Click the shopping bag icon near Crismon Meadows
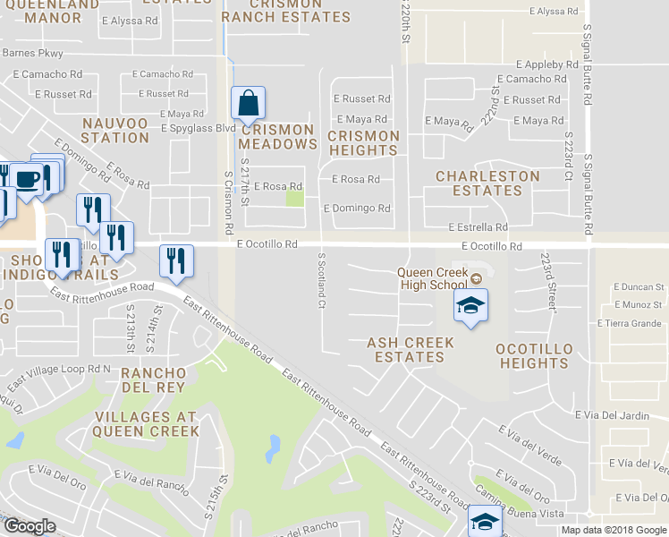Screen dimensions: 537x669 pos(249,104)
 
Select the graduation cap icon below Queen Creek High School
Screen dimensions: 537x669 pos(470,306)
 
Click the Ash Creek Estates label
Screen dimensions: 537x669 pos(411,350)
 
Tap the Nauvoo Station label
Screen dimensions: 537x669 pos(115,130)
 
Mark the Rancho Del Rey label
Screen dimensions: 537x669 pos(153,379)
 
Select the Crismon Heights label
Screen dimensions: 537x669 pos(363,143)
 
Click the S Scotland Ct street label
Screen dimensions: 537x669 pos(320,280)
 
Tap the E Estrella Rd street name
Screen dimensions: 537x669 pos(478,228)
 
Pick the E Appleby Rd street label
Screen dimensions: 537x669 pos(546,64)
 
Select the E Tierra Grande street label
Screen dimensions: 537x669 pos(635,323)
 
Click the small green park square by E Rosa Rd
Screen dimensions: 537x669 pos(294,199)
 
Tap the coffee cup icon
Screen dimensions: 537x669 pos(27,177)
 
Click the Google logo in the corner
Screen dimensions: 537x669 pos(30,526)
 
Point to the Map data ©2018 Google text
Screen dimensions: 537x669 pos(614,530)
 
